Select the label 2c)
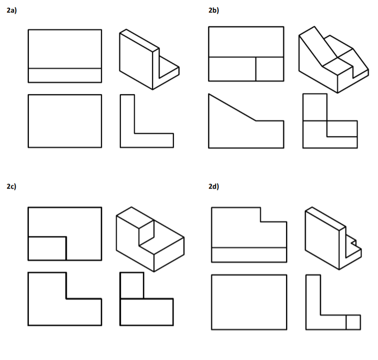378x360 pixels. point(11,187)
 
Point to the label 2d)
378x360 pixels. point(213,187)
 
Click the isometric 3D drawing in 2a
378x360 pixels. point(149,59)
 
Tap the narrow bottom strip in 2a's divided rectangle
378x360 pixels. point(65,75)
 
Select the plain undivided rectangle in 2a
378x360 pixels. point(65,121)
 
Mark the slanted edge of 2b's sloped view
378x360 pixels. point(232,108)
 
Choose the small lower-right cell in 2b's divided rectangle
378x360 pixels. point(270,69)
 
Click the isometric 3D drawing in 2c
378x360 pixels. point(149,238)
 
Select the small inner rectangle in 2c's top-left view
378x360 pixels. point(47,248)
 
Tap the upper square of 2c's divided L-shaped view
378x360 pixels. point(131,285)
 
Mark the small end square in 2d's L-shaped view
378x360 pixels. point(353,322)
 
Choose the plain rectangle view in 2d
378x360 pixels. point(249,302)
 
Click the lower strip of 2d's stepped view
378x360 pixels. point(249,254)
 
